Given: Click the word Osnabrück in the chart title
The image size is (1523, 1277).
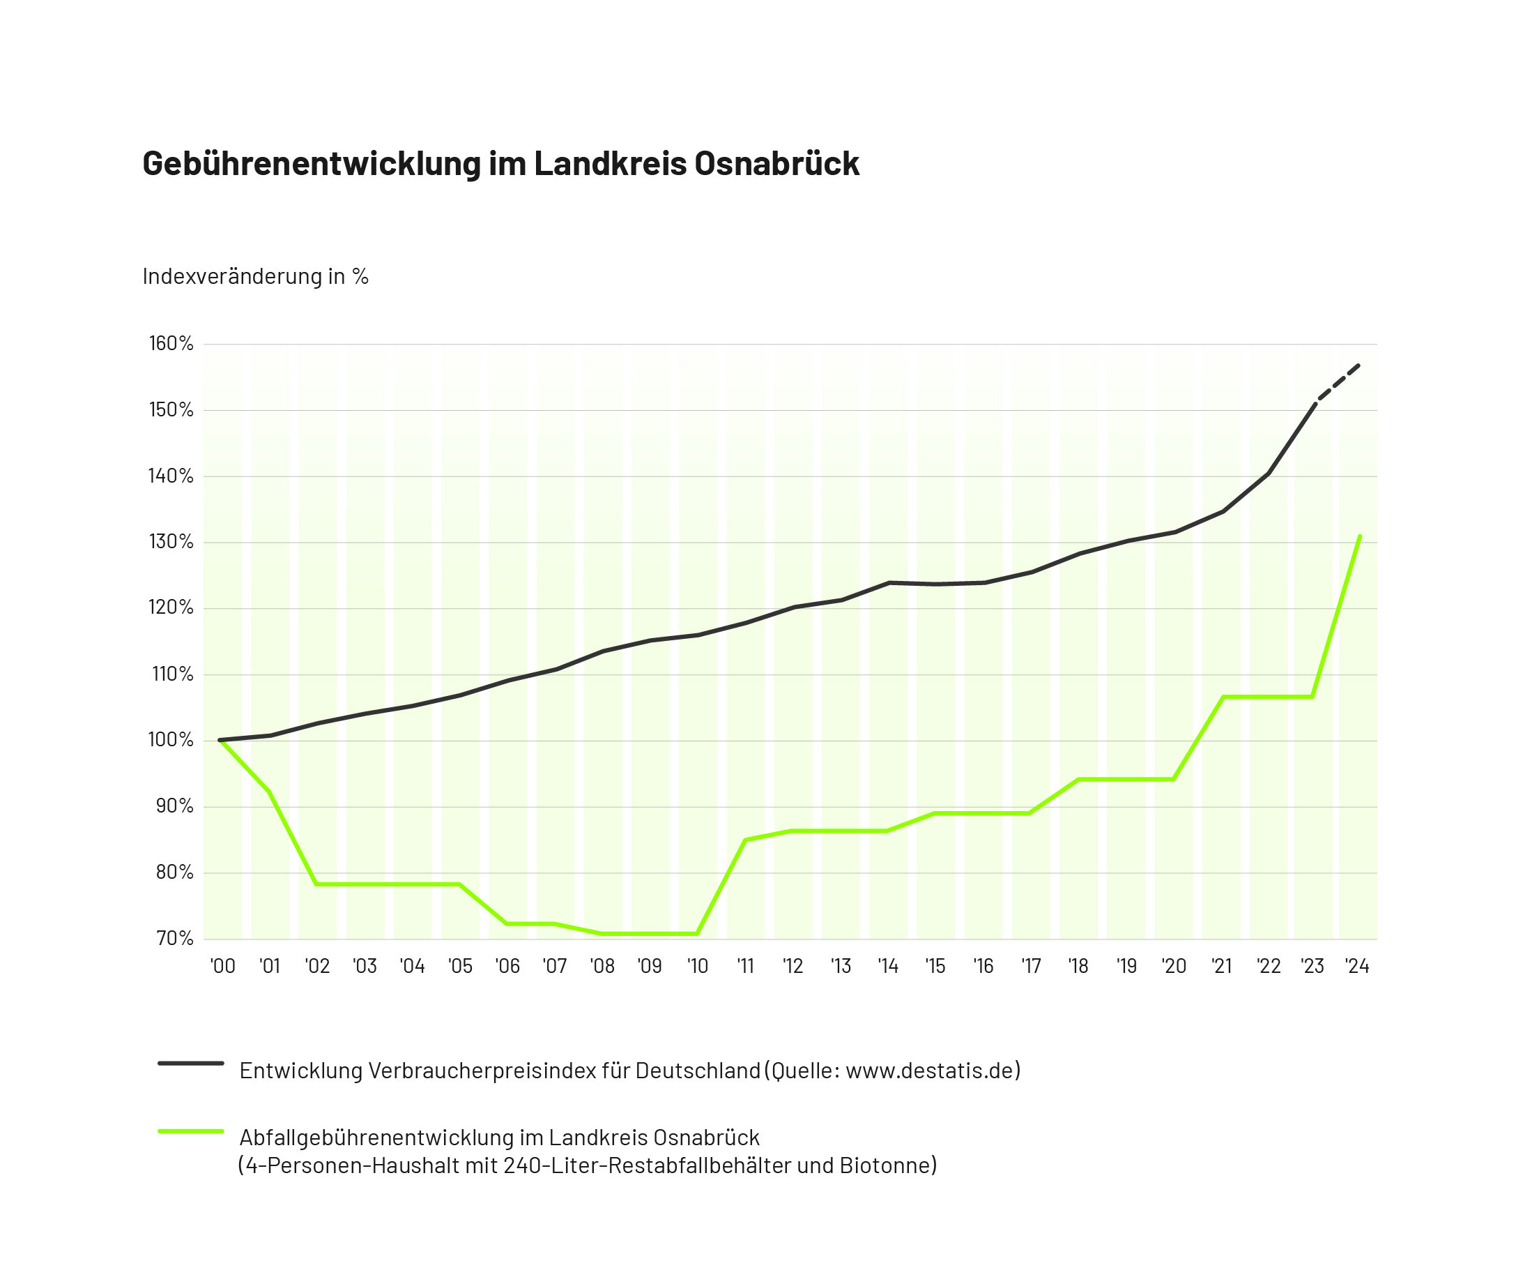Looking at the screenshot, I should coord(776,163).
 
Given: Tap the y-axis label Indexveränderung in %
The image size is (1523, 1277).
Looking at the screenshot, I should coord(255,276).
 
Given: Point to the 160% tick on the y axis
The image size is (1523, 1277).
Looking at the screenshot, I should coord(171,343).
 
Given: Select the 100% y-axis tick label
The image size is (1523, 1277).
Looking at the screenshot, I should coord(171,740).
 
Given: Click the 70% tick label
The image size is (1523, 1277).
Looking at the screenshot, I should coord(175,938).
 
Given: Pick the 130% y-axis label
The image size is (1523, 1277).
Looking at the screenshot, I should coord(171,542).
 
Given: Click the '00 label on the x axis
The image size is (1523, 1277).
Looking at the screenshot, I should coord(222,967).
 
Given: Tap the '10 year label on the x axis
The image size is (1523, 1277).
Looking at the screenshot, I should coord(697,967).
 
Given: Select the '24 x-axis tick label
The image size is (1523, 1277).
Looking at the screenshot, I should coord(1356,967).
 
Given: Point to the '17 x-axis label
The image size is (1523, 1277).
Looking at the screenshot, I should coord(1031,967).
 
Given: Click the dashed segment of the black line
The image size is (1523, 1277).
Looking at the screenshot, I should coord(1338,382).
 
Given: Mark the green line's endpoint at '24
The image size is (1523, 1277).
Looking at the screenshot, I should coord(1360,537).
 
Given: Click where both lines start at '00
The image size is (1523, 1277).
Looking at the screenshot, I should coord(220,740).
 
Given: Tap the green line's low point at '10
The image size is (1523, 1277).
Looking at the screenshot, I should coord(697,934).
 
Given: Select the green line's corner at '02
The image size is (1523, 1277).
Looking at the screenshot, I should coord(317,884).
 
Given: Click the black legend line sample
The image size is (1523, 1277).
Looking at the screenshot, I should coord(191,1064).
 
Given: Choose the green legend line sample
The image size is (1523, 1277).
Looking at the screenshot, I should coord(191,1131).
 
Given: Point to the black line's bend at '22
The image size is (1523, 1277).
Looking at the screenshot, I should coord(1269,473).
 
